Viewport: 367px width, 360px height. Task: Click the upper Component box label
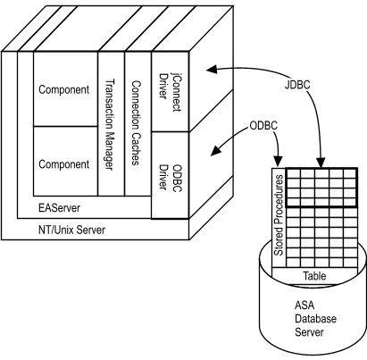[64, 89]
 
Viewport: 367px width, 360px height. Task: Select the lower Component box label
[64, 164]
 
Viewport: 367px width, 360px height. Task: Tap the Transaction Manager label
[110, 124]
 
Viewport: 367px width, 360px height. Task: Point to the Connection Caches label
[136, 122]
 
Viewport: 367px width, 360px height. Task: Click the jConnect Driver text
[170, 92]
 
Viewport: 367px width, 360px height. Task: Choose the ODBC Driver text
[170, 177]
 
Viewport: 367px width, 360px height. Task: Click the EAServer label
[59, 207]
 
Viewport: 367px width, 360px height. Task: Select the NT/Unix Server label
[71, 230]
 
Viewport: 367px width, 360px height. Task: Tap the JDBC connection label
[297, 85]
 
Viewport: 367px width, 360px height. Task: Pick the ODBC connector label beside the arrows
[263, 126]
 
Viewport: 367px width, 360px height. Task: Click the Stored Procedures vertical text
[278, 215]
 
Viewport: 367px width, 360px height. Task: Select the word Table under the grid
[314, 276]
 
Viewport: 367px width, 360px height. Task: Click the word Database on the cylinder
[315, 319]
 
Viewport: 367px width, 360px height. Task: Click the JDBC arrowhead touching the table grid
[321, 163]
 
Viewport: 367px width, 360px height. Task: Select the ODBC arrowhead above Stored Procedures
[279, 162]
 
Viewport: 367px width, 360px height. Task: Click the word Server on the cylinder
[309, 332]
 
